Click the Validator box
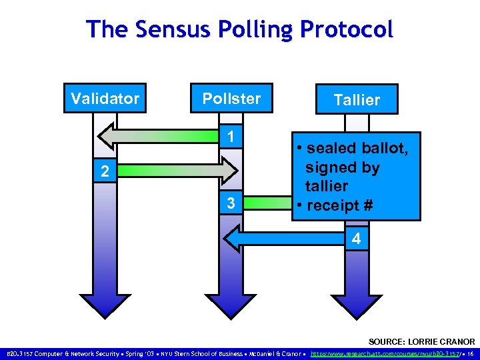pos(105,99)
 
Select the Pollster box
pos(231,99)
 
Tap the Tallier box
pos(357,100)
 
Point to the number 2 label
pos(103,171)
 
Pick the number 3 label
pos(229,202)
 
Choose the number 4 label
pos(356,238)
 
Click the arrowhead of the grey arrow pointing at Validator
pos(107,137)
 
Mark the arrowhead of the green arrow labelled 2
pos(229,171)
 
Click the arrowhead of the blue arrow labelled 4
pos(231,238)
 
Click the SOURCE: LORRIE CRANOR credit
pos(422,341)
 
